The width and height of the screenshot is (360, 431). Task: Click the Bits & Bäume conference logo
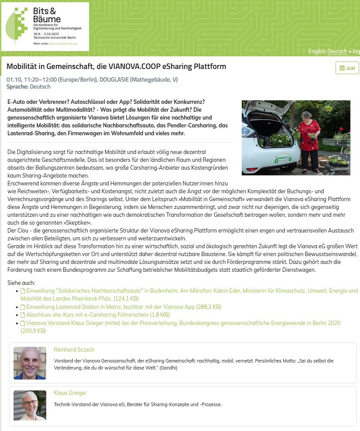click(45, 26)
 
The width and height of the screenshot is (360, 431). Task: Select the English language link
click(317, 51)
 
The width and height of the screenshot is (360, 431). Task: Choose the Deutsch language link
click(337, 51)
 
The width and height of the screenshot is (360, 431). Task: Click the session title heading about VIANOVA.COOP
click(116, 67)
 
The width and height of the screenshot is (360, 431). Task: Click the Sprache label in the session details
click(17, 87)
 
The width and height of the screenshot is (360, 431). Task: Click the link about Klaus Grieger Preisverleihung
click(183, 323)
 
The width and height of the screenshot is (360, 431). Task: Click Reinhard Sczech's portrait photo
click(30, 363)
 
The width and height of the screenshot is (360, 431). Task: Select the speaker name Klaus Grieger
click(70, 393)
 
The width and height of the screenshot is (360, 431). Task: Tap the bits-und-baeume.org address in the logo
click(63, 44)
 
